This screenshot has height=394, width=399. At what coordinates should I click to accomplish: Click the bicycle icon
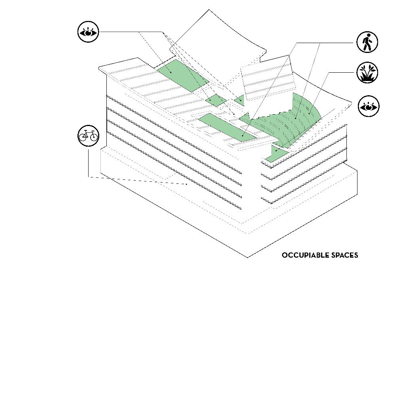click(88, 136)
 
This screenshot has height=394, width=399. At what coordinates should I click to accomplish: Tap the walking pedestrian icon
click(367, 42)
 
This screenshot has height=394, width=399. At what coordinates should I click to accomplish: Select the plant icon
click(367, 73)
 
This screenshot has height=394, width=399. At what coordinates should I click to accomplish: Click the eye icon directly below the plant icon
click(369, 106)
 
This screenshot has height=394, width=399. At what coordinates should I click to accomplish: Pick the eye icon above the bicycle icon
click(88, 32)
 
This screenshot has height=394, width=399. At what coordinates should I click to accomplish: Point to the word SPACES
click(345, 255)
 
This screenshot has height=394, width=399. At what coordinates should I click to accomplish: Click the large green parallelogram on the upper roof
click(182, 75)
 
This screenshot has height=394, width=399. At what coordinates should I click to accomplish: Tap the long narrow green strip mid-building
click(227, 127)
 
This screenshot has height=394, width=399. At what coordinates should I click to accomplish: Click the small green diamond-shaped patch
click(216, 100)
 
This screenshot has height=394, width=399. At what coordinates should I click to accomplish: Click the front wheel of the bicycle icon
click(93, 137)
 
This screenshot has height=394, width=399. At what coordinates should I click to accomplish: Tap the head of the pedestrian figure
click(369, 36)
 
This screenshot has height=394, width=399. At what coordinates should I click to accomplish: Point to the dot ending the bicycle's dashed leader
click(187, 184)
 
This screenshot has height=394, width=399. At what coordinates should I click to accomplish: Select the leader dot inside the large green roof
click(171, 72)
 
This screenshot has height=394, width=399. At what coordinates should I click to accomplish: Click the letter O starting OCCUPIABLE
click(284, 255)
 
